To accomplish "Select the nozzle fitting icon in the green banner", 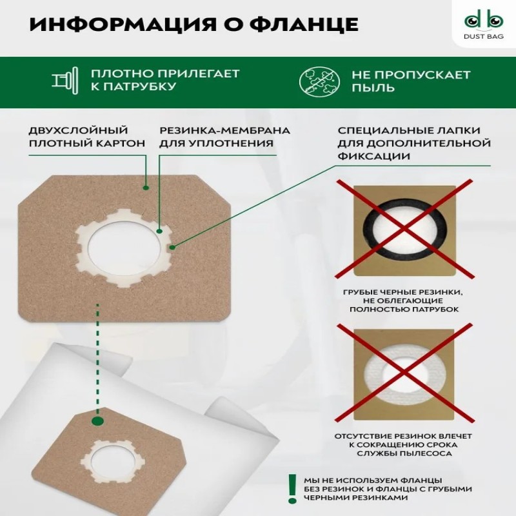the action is (x=66, y=81).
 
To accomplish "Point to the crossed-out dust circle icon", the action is (x=320, y=81).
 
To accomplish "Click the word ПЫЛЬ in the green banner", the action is (x=373, y=88).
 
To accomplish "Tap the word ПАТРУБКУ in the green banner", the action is (x=138, y=86).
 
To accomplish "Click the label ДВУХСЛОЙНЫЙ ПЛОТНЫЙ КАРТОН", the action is (x=86, y=137).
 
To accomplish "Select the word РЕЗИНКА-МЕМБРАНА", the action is (x=224, y=131).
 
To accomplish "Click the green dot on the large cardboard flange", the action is (x=146, y=188).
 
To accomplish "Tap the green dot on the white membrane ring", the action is (x=159, y=231).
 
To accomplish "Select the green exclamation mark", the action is (x=292, y=488).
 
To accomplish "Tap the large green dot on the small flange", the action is (x=98, y=421).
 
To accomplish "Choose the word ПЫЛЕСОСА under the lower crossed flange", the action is (x=430, y=453).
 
